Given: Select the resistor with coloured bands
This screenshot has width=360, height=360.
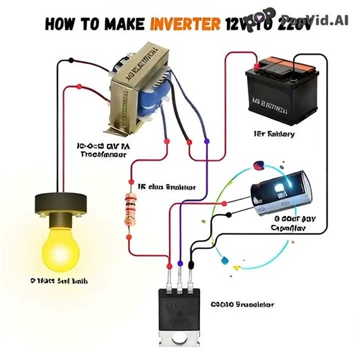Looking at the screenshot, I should tap(129, 209).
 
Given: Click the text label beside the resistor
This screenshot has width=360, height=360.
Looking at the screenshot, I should tap(166, 187).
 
